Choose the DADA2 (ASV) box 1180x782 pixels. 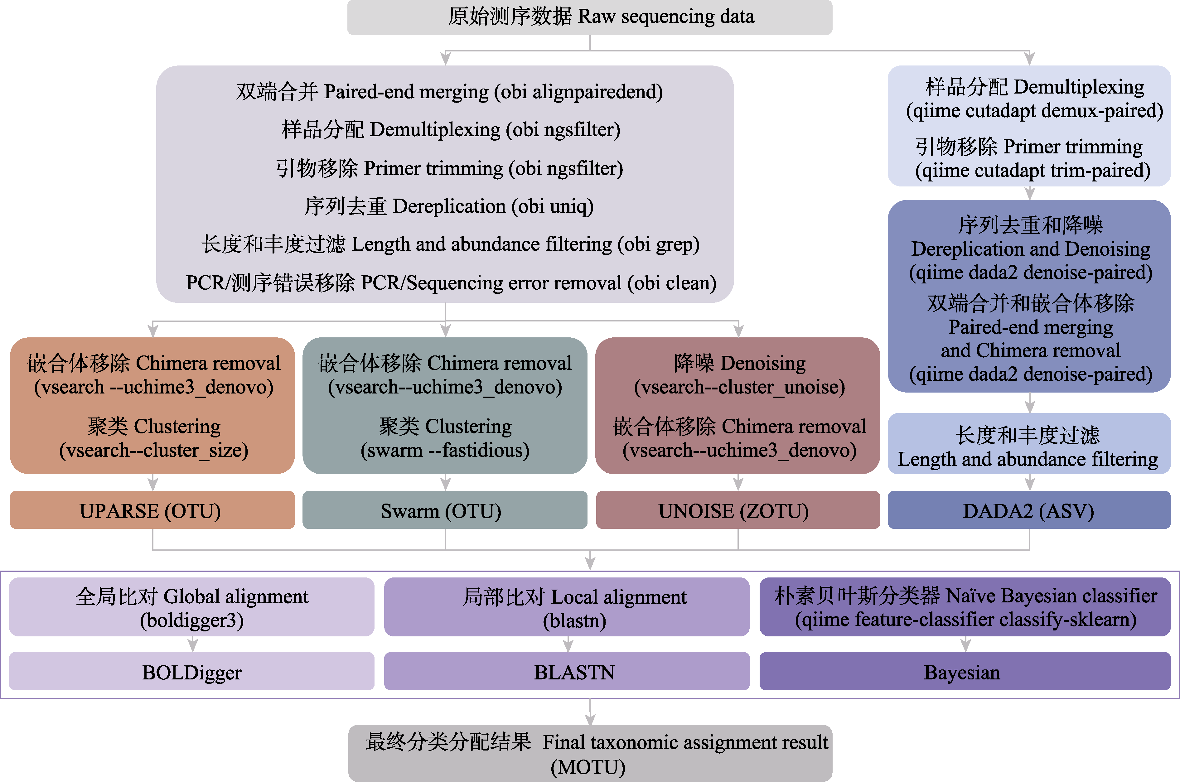point(1028,510)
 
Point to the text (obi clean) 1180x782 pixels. point(671,283)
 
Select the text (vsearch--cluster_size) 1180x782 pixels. point(154,450)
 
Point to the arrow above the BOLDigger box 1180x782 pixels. point(192,644)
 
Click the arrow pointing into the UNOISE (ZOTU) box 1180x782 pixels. point(738,482)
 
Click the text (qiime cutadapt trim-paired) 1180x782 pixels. point(1032,171)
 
